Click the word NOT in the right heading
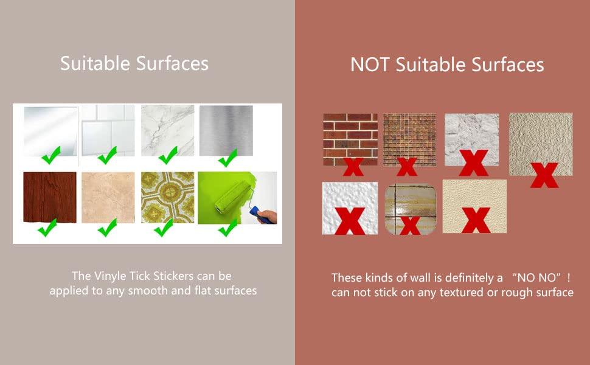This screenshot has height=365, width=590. tap(369, 64)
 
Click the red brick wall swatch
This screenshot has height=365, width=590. tap(350, 139)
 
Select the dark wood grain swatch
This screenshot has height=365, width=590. tap(50, 197)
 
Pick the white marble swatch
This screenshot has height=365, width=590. tap(167, 130)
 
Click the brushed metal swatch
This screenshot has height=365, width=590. tap(226, 130)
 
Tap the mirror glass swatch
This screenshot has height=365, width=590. tap(51, 131)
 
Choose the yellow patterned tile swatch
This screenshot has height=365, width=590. tap(167, 197)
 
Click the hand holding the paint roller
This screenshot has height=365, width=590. tap(268, 217)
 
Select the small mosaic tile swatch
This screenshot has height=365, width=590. tap(409, 139)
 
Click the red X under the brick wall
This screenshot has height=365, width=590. tap(353, 167)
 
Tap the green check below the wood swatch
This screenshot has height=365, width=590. tap(47, 228)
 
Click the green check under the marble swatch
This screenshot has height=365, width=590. tap(168, 155)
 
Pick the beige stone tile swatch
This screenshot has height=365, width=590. tap(108, 197)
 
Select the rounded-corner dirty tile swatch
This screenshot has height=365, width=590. tap(411, 209)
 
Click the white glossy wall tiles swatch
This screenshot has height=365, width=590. tap(108, 130)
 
